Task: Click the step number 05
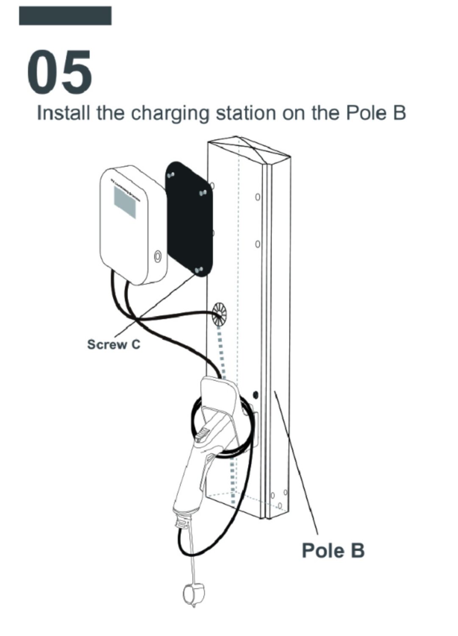(59, 72)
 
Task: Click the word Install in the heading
(64, 113)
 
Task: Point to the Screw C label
(113, 344)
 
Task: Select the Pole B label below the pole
(333, 550)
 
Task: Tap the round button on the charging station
(158, 257)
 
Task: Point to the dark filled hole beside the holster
(255, 395)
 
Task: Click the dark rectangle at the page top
(65, 16)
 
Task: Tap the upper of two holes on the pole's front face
(257, 198)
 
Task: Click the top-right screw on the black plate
(203, 193)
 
